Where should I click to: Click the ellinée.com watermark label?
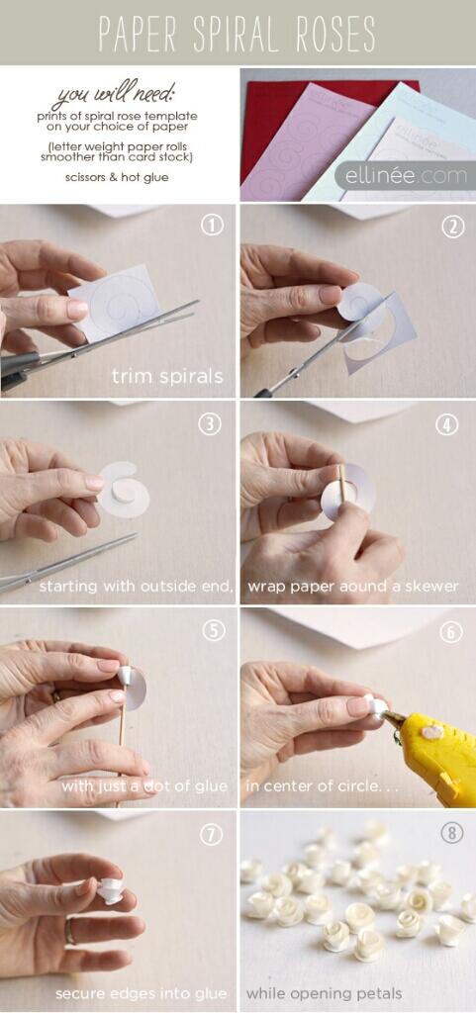(x=406, y=176)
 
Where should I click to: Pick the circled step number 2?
(x=453, y=227)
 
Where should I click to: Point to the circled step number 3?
(x=211, y=423)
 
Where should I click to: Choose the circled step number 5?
(x=214, y=630)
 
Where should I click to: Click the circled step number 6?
(x=451, y=632)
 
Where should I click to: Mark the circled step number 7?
(x=211, y=835)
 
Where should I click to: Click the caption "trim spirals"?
(x=167, y=376)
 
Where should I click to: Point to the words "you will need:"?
(x=114, y=96)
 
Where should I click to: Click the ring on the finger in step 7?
(x=69, y=932)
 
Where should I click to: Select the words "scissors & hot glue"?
(x=117, y=176)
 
